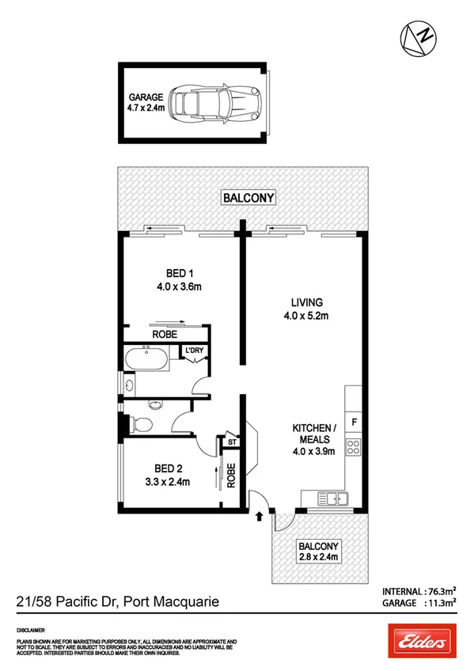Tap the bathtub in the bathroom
146,359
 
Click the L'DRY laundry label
194,351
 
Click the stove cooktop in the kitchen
354,452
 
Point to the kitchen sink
332,499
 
